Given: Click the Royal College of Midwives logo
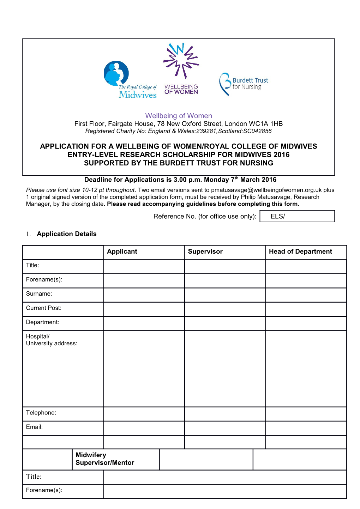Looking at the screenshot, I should [130, 80].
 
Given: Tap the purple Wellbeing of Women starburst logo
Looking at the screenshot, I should [181, 68].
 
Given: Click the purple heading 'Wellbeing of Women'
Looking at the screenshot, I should [179, 116].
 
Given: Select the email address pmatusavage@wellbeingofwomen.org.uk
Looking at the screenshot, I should [266, 190].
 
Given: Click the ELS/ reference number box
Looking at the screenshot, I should [297, 216].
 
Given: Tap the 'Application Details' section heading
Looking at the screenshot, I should [66, 234].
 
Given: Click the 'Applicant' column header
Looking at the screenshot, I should [122, 252].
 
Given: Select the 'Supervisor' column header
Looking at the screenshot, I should [205, 252].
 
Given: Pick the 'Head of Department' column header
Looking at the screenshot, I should [300, 252].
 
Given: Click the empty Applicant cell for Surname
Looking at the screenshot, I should [144, 295].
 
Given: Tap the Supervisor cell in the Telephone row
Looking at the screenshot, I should [225, 414].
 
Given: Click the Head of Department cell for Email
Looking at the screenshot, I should [306, 428].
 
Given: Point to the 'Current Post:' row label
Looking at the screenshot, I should [44, 308].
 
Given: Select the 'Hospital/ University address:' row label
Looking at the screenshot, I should [52, 340].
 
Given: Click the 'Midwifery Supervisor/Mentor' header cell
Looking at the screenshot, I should [105, 459].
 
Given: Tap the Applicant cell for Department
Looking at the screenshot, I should [144, 323].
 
